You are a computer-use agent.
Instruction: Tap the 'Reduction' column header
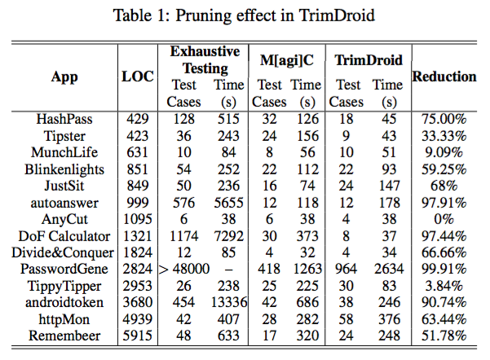coord(444,76)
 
